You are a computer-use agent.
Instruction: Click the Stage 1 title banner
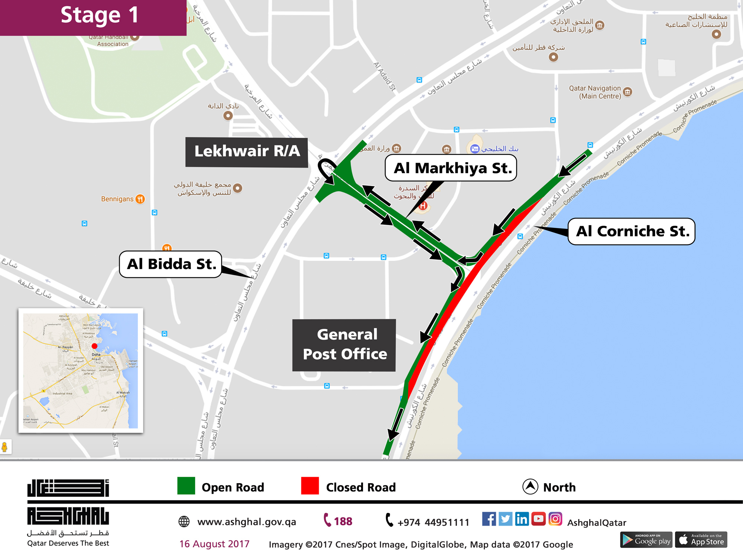[x=93, y=17]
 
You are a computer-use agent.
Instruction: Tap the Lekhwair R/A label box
[x=247, y=152]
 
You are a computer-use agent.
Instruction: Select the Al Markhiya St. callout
[x=451, y=168]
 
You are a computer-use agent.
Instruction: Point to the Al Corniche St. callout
[x=632, y=231]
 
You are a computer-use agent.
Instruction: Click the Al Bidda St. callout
[x=171, y=264]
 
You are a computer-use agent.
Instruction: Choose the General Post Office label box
[x=344, y=345]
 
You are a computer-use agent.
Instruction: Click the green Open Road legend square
[x=186, y=486]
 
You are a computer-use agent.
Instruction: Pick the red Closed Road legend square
[x=310, y=486]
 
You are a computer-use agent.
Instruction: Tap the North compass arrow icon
[x=530, y=486]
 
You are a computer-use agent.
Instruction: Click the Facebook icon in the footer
[x=489, y=519]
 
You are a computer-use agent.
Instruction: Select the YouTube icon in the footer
[x=538, y=519]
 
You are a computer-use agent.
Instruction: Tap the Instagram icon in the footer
[x=555, y=519]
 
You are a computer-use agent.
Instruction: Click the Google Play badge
[x=646, y=540]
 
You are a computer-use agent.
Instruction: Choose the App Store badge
[x=701, y=540]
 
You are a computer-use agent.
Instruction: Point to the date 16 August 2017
[x=214, y=544]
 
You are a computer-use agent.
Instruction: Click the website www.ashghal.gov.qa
[x=246, y=522]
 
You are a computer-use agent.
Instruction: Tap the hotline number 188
[x=338, y=521]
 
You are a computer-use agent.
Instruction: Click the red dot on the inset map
[x=94, y=346]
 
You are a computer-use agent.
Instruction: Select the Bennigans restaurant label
[x=117, y=199]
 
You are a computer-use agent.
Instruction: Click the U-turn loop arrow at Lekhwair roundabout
[x=327, y=169]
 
